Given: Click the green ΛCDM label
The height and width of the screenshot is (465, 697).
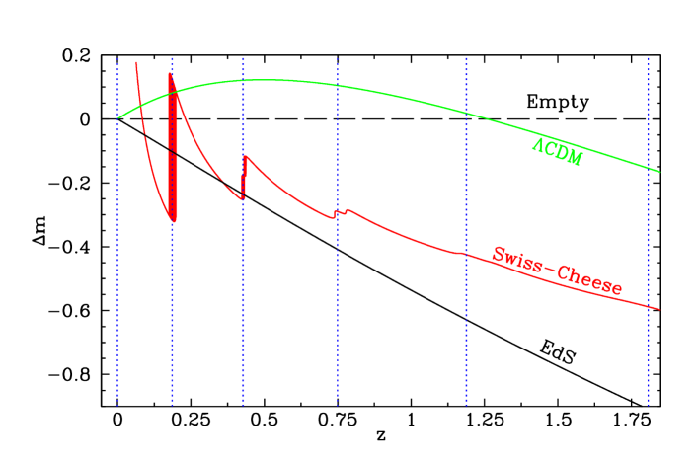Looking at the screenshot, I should coord(558,152).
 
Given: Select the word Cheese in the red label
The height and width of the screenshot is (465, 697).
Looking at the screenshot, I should coord(590,279).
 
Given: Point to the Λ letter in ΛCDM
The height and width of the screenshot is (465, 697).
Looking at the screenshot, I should coord(538,145).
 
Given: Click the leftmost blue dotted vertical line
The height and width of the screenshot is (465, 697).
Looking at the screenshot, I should coord(118,296).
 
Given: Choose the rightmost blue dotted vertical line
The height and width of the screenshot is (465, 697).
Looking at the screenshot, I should coord(648,296).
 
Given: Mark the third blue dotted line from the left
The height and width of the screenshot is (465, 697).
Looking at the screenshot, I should coord(243,296).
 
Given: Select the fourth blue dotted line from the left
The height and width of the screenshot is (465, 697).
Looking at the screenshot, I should coord(338,296).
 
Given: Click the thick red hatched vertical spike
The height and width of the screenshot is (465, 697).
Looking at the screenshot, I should coord(173,148).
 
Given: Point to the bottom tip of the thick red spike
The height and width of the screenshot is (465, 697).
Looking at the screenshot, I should coord(174,220).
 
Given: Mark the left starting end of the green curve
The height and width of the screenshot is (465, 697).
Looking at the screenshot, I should coord(118,117).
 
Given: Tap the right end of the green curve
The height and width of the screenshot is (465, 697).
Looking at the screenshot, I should coord(658,172).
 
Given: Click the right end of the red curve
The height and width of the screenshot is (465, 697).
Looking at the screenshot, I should coord(658,309).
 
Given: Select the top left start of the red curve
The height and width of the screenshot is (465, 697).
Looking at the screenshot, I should coord(136,62).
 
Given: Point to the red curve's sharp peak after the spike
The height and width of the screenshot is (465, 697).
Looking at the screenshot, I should coord(245,156).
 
